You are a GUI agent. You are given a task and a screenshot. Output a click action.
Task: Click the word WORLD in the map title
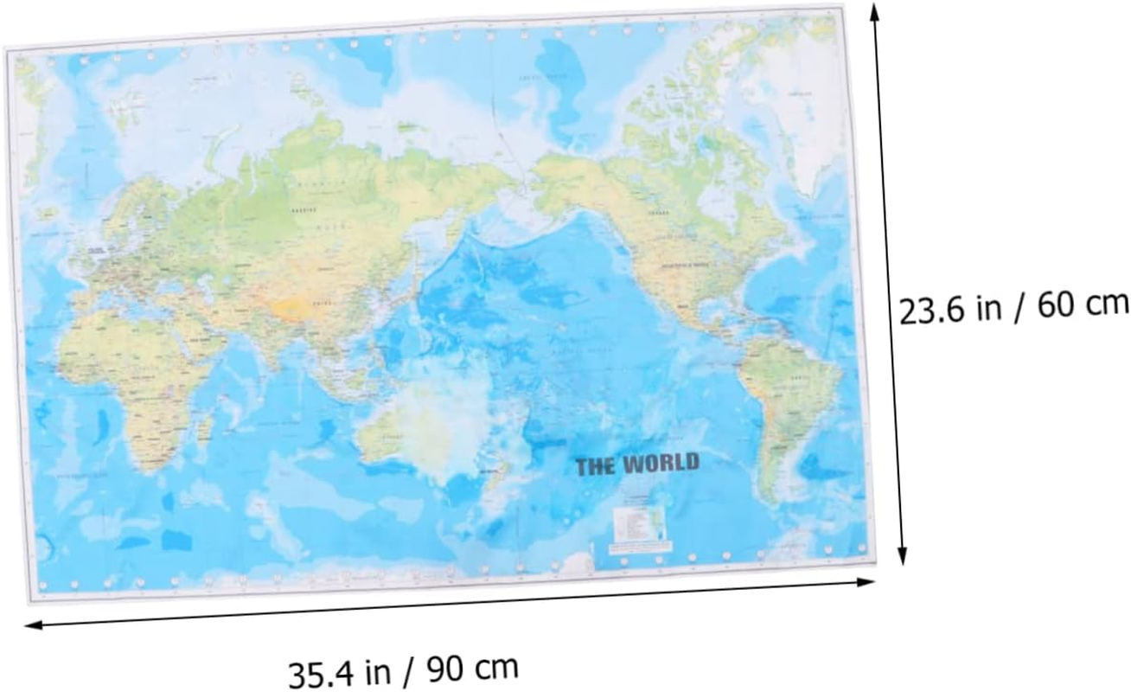pyautogui.click(x=661, y=464)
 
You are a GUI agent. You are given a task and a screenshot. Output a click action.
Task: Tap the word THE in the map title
pyautogui.click(x=597, y=467)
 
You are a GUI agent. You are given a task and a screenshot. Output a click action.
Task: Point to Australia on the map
pyautogui.click(x=424, y=424)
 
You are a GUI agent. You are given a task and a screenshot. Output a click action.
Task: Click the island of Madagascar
pyautogui.click(x=207, y=424)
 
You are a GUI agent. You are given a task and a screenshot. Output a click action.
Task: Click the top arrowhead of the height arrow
pyautogui.click(x=875, y=10)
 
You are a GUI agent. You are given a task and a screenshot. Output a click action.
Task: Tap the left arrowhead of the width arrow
pyautogui.click(x=31, y=624)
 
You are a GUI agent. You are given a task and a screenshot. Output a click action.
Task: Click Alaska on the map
pyautogui.click(x=571, y=186)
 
